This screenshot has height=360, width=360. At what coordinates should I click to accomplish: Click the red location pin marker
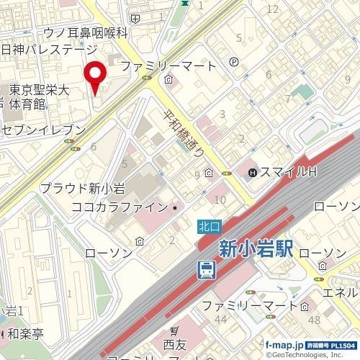click(95, 76)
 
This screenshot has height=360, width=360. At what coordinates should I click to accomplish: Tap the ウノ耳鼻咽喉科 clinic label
click(85, 32)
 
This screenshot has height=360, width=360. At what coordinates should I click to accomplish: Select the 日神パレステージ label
click(49, 50)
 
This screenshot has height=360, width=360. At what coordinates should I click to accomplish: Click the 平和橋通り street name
click(181, 134)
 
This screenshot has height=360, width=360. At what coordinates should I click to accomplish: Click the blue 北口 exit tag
click(207, 225)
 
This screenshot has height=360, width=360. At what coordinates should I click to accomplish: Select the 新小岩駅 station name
click(256, 250)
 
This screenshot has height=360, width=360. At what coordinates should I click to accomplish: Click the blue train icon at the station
click(207, 270)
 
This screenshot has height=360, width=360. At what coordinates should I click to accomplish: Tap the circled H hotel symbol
click(253, 173)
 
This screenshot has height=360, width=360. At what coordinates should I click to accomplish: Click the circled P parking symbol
click(234, 63)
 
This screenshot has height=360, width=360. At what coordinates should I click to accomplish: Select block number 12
click(272, 9)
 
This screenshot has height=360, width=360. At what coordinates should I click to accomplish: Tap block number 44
click(220, 319)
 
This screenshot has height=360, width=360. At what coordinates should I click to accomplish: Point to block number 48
click(314, 319)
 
